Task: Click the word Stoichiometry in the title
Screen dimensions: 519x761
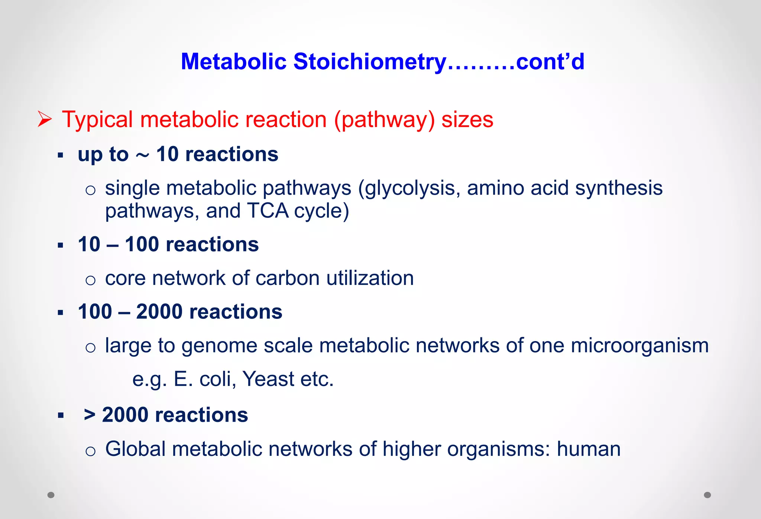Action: [369, 62]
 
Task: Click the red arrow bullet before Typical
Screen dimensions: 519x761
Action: [45, 120]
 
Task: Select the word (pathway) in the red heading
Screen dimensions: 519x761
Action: [384, 120]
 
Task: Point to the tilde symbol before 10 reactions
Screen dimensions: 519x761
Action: [142, 155]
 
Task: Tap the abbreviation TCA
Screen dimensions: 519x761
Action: [268, 211]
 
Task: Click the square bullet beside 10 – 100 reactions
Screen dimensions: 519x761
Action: [61, 245]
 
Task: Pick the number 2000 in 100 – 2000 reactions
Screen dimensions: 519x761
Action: [159, 312]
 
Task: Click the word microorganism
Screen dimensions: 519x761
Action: [639, 346]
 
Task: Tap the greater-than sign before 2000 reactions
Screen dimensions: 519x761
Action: [90, 415]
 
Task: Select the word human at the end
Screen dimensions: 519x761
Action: [589, 449]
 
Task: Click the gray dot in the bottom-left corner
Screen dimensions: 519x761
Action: [51, 495]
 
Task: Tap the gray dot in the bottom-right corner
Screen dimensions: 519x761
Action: [707, 495]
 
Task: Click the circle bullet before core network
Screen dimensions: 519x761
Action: [90, 280]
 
